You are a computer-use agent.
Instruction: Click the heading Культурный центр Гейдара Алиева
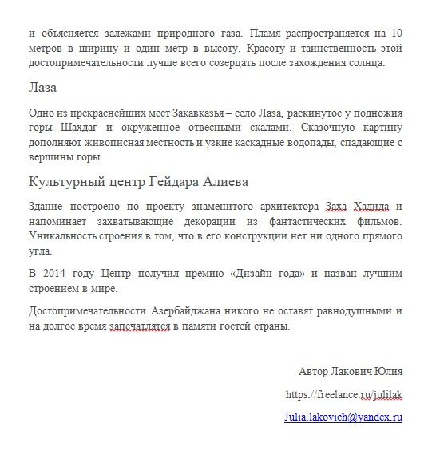[x=127, y=181]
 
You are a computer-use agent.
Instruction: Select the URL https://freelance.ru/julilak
[x=343, y=393]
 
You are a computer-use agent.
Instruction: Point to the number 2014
[x=54, y=274]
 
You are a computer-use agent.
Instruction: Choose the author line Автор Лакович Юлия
[x=350, y=372]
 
